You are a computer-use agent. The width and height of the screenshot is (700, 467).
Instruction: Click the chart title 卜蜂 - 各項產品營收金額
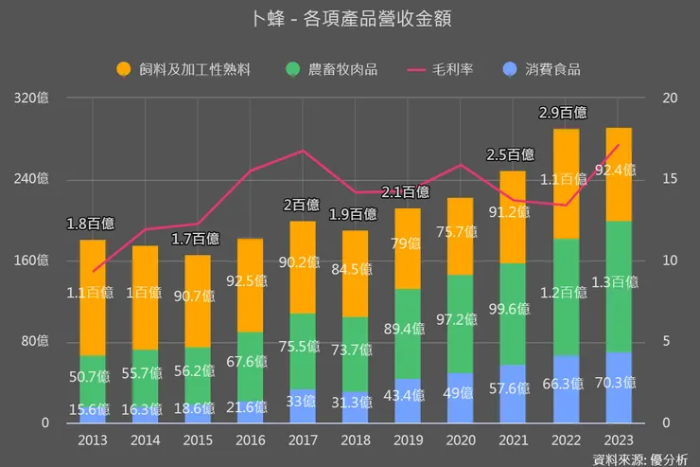pyautogui.click(x=350, y=21)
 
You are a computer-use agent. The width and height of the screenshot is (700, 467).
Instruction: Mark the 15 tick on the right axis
pyautogui.click(x=670, y=179)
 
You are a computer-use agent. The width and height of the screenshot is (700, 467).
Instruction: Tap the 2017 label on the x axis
pyautogui.click(x=303, y=440)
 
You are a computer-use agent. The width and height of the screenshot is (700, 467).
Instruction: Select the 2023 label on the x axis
pyautogui.click(x=619, y=440)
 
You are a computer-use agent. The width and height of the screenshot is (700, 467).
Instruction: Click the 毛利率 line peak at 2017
pyautogui.click(x=303, y=151)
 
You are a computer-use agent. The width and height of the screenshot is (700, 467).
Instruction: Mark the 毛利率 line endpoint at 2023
pyautogui.click(x=619, y=145)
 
